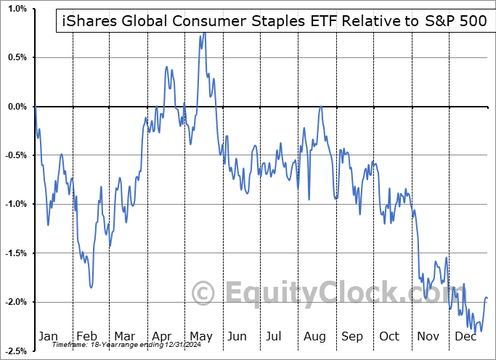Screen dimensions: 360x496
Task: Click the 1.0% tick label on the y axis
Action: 15,8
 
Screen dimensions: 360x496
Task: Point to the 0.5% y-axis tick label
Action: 15,57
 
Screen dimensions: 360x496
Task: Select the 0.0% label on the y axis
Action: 15,107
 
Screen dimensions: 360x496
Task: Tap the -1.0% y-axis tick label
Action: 14,204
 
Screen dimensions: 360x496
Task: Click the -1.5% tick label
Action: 14,253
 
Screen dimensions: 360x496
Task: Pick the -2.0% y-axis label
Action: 14,302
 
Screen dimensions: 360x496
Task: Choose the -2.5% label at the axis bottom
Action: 14,351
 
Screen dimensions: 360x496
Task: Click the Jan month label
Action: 48,337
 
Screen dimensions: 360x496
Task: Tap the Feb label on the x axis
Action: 86,337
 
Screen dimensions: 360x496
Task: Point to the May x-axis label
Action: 201,337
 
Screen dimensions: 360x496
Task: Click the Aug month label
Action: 315,337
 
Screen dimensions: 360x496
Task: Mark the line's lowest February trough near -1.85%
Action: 91,287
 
